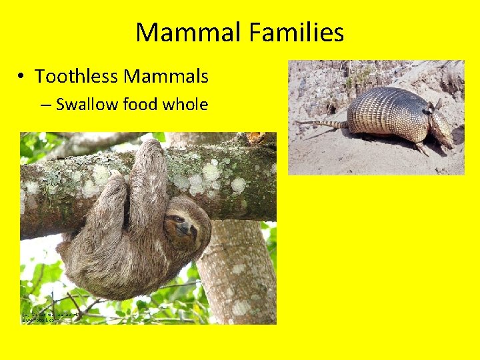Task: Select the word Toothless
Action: point(77,77)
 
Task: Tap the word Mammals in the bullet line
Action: point(166,77)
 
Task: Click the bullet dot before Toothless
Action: point(23,77)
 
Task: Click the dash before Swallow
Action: point(47,105)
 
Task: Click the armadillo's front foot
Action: point(421,148)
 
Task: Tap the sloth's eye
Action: point(179,219)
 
